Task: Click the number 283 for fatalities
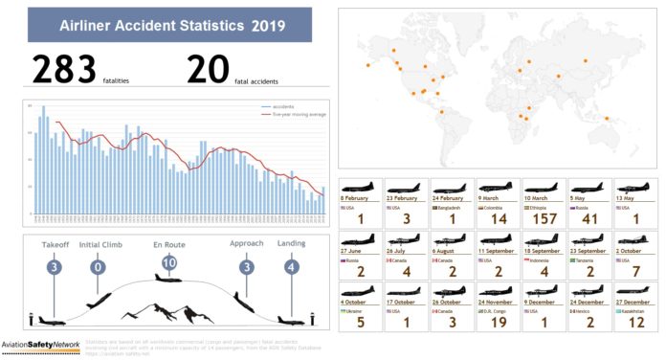(x=64, y=69)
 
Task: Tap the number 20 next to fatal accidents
(x=209, y=70)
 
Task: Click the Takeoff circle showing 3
(x=55, y=266)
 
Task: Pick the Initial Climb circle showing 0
(x=97, y=266)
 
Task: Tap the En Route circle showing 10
(x=168, y=262)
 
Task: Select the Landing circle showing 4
(x=292, y=266)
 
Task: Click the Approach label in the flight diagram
(x=246, y=244)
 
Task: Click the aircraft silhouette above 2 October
(x=635, y=237)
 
